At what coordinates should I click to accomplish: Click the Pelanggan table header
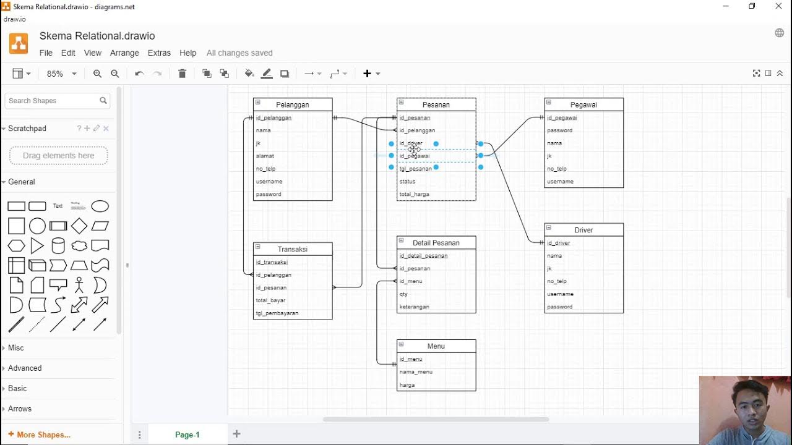point(293,104)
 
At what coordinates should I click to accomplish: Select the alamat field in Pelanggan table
point(265,156)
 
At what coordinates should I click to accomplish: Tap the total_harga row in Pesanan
point(415,194)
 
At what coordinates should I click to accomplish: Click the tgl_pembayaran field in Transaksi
point(277,313)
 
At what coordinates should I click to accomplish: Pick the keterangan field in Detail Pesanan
point(415,307)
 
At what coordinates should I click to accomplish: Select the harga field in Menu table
point(407,385)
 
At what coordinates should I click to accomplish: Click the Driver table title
point(583,230)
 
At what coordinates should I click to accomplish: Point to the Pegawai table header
point(583,104)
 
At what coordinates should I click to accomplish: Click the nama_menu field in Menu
point(416,372)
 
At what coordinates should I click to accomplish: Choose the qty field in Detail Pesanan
point(404,294)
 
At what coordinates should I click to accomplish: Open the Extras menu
point(159,53)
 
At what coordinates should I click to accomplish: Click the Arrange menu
point(124,53)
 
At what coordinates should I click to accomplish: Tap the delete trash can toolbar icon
point(182,74)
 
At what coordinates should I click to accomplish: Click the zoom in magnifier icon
point(97,74)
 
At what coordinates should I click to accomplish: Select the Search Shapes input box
point(53,101)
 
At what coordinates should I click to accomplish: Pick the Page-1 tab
point(187,434)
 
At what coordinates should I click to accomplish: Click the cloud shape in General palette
point(79,246)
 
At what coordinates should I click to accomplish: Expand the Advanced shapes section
point(25,368)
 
